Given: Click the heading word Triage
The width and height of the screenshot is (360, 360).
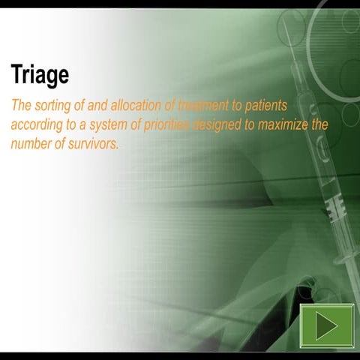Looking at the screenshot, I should click(40, 76).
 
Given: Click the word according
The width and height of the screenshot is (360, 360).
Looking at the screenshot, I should click(36, 124).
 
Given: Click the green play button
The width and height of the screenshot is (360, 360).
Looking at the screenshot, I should click(326, 326).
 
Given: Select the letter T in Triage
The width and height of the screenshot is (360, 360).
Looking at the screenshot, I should click(16, 76).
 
